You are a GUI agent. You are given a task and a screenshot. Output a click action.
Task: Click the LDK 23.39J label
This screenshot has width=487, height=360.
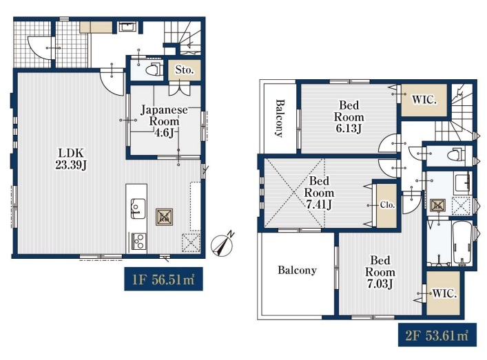tap(71, 159)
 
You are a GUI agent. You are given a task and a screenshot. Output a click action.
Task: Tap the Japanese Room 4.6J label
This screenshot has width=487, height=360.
tap(165, 121)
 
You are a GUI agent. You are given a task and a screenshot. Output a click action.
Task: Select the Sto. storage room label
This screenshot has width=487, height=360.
tap(184, 70)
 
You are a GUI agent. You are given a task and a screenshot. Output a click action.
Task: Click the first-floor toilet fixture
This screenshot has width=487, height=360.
tap(153, 70)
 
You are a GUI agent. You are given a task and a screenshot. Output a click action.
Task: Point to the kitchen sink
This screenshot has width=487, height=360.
tap(138, 209)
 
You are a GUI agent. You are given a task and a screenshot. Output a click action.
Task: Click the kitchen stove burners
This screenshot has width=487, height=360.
tap(138, 241)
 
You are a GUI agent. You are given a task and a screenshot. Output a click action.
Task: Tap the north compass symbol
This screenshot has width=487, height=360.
tap(222, 244)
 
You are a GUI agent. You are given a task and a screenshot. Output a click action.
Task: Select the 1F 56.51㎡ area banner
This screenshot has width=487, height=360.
tap(163, 279)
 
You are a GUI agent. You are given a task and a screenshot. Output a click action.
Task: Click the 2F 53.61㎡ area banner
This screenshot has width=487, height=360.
tap(437, 335)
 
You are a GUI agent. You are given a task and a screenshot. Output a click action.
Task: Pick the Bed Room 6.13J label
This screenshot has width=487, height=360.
tap(349, 117)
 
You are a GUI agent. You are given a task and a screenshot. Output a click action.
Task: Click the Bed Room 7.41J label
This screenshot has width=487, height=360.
tap(319, 193)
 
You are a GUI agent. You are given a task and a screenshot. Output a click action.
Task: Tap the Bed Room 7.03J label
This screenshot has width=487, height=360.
tap(380, 272)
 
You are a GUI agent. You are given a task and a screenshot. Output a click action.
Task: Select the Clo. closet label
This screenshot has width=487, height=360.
tap(387, 205)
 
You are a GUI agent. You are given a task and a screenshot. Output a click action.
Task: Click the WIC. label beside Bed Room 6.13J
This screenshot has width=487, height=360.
tap(424, 100)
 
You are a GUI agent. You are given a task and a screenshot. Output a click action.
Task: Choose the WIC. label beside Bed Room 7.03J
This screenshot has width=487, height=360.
tap(444, 294)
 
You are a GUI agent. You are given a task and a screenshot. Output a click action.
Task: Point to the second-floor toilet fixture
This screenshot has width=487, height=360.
tap(456, 154)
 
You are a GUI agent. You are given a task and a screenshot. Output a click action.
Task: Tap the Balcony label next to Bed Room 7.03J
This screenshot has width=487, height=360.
tap(297, 270)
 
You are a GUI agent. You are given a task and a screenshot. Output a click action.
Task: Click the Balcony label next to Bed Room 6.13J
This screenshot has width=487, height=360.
tap(280, 118)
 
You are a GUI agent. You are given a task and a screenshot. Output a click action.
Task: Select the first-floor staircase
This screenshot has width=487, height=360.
tap(182, 38)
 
